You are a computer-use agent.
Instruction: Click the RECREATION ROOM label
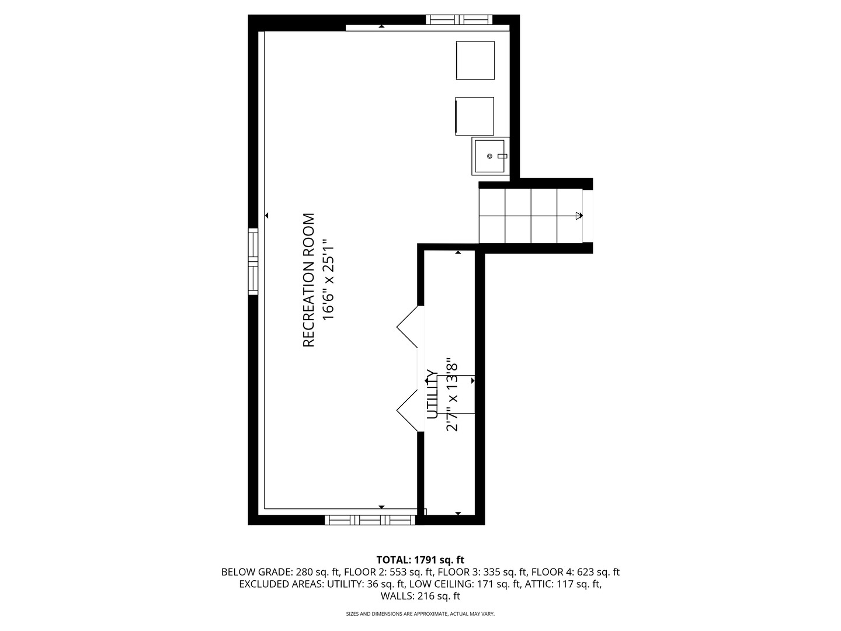pyautogui.click(x=308, y=280)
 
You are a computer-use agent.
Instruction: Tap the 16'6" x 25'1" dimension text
pyautogui.click(x=329, y=279)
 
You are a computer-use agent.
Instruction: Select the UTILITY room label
pyautogui.click(x=432, y=394)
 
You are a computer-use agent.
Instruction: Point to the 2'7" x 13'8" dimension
pyautogui.click(x=451, y=394)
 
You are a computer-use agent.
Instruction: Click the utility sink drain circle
pyautogui.click(x=489, y=157)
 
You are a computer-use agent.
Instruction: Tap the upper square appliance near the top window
pyautogui.click(x=475, y=60)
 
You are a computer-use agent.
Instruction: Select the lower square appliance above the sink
pyautogui.click(x=475, y=116)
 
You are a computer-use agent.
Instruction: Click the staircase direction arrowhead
pyautogui.click(x=579, y=216)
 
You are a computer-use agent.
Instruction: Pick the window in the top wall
pyautogui.click(x=458, y=19)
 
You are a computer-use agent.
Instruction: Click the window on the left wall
pyautogui.click(x=253, y=261)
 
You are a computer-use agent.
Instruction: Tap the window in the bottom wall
pyautogui.click(x=370, y=520)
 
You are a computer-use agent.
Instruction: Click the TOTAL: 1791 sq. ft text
pyautogui.click(x=420, y=560)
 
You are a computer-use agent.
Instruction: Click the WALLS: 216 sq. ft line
pyautogui.click(x=420, y=597)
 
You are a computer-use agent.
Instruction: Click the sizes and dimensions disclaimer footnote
pyautogui.click(x=420, y=614)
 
